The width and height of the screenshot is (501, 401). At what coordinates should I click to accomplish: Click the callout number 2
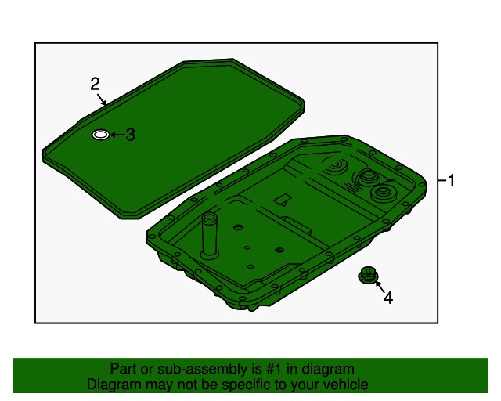tap(95, 84)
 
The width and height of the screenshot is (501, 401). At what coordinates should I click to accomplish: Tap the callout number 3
tap(130, 135)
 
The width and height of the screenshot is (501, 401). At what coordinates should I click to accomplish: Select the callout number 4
tap(388, 298)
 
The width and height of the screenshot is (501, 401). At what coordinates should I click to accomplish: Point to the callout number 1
tap(451, 181)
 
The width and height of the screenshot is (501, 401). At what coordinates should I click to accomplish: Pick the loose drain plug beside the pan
tap(368, 275)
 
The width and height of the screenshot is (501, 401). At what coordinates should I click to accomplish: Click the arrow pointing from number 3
tap(117, 135)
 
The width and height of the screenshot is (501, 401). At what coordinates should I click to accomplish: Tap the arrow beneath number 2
tap(102, 99)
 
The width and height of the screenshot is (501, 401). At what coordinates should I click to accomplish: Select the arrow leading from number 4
tap(380, 287)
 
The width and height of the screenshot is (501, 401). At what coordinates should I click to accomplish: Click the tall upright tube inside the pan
tap(209, 236)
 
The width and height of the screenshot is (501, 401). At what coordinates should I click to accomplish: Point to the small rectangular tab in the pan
tap(283, 199)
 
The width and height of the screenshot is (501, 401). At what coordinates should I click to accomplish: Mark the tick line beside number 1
tap(442, 181)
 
